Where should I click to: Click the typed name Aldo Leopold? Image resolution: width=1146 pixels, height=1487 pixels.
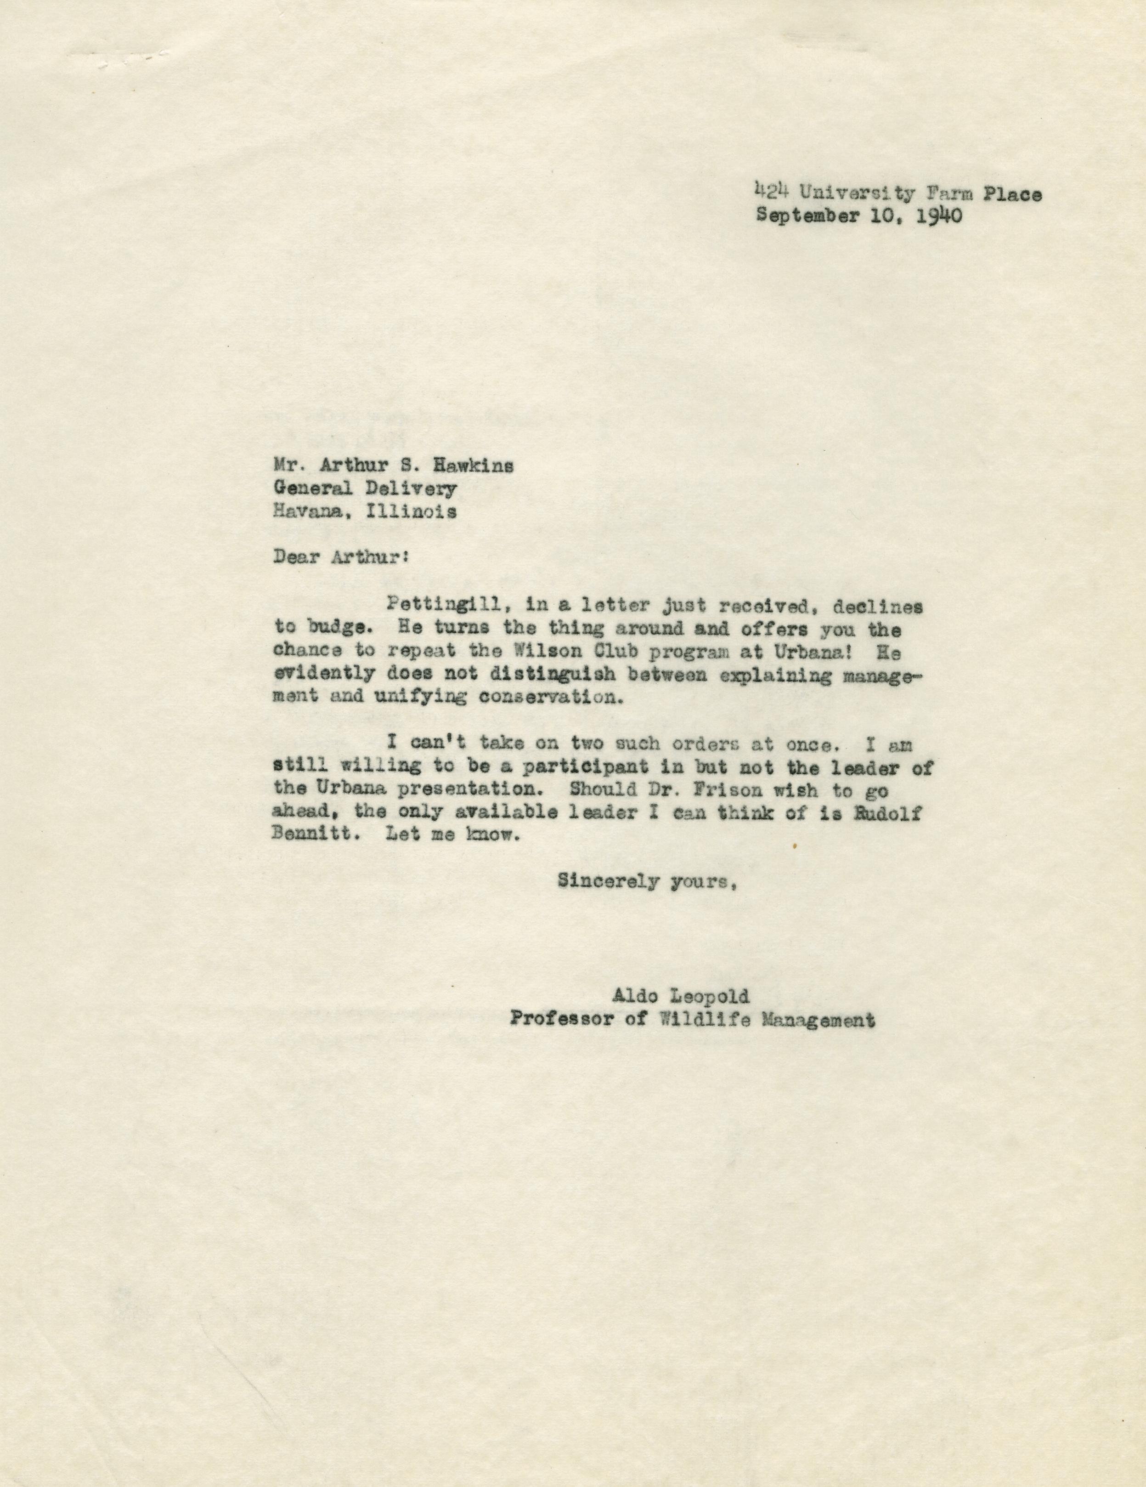point(681,997)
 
